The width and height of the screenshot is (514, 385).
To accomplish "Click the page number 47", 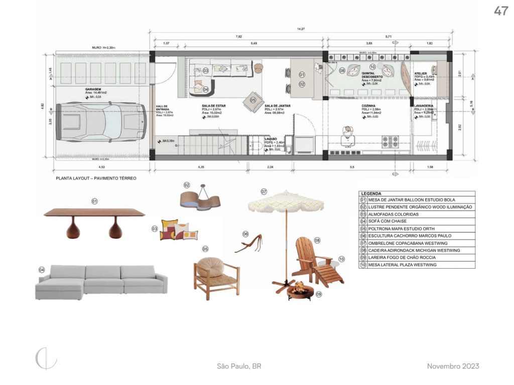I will [500, 11].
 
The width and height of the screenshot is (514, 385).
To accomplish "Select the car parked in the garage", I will [100, 122].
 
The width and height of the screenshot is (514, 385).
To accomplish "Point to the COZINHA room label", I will [369, 106].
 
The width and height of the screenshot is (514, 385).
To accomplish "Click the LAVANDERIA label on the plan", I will [424, 106].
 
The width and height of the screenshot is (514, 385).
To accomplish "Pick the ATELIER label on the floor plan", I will [421, 73].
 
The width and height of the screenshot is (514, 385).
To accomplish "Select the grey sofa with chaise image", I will [100, 282].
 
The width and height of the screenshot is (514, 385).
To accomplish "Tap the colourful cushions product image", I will [180, 230].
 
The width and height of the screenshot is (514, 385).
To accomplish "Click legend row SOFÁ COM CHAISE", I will [388, 221].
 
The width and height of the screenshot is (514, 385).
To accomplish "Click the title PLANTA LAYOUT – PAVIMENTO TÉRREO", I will [96, 178].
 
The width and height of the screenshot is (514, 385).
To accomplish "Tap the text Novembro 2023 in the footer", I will [453, 366].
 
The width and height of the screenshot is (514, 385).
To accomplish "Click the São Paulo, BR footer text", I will [239, 366].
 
